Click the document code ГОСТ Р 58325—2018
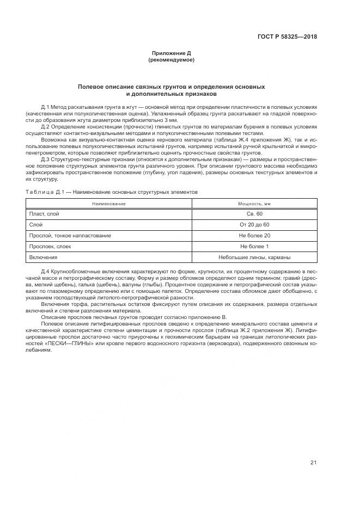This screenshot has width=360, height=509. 287,37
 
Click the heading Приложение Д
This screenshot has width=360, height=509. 171,53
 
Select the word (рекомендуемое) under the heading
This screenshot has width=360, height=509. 171,60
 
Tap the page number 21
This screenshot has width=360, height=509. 313,463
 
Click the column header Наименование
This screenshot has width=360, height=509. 108,203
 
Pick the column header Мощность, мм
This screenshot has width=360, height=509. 254,203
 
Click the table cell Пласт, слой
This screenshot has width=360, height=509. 44,214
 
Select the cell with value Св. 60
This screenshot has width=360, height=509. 254,214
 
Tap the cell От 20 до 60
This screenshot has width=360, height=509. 254,225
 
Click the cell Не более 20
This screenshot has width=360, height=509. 254,236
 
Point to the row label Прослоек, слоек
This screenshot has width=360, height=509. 50,247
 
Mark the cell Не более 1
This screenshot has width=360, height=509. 254,247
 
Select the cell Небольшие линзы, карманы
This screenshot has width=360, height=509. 254,257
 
